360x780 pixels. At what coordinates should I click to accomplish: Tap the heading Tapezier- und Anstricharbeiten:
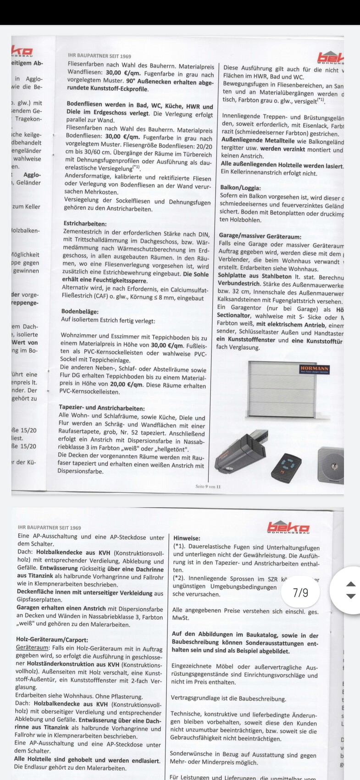[101, 407]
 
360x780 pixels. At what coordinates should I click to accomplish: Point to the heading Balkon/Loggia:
[240, 188]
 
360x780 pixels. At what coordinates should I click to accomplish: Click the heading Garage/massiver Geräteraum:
[260, 237]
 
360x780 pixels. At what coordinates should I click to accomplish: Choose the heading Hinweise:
[187, 538]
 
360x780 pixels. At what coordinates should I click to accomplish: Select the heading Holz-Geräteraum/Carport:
[52, 640]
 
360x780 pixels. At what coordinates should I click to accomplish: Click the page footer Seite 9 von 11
[208, 486]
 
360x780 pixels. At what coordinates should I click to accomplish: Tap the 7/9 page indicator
[300, 592]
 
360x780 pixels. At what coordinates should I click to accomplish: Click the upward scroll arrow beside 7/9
[350, 585]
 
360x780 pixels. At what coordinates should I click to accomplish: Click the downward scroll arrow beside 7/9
[350, 596]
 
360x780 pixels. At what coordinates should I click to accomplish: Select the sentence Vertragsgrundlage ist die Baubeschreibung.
[228, 699]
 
